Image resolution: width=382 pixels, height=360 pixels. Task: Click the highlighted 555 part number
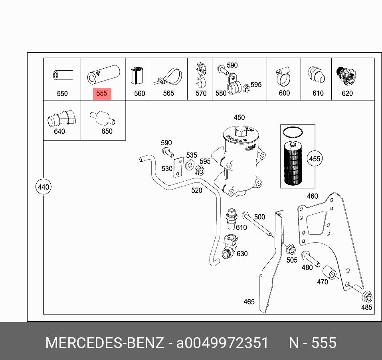[x=102, y=93]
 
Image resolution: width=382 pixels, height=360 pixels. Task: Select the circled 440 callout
[x=43, y=187]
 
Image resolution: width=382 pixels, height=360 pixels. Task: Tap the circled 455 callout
[x=315, y=158]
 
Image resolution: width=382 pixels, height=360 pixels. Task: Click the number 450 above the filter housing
[x=239, y=117]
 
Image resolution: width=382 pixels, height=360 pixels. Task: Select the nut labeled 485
[x=366, y=297]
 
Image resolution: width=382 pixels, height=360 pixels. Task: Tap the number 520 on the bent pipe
[x=197, y=190]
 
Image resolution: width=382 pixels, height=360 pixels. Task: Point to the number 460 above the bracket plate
[x=312, y=196]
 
